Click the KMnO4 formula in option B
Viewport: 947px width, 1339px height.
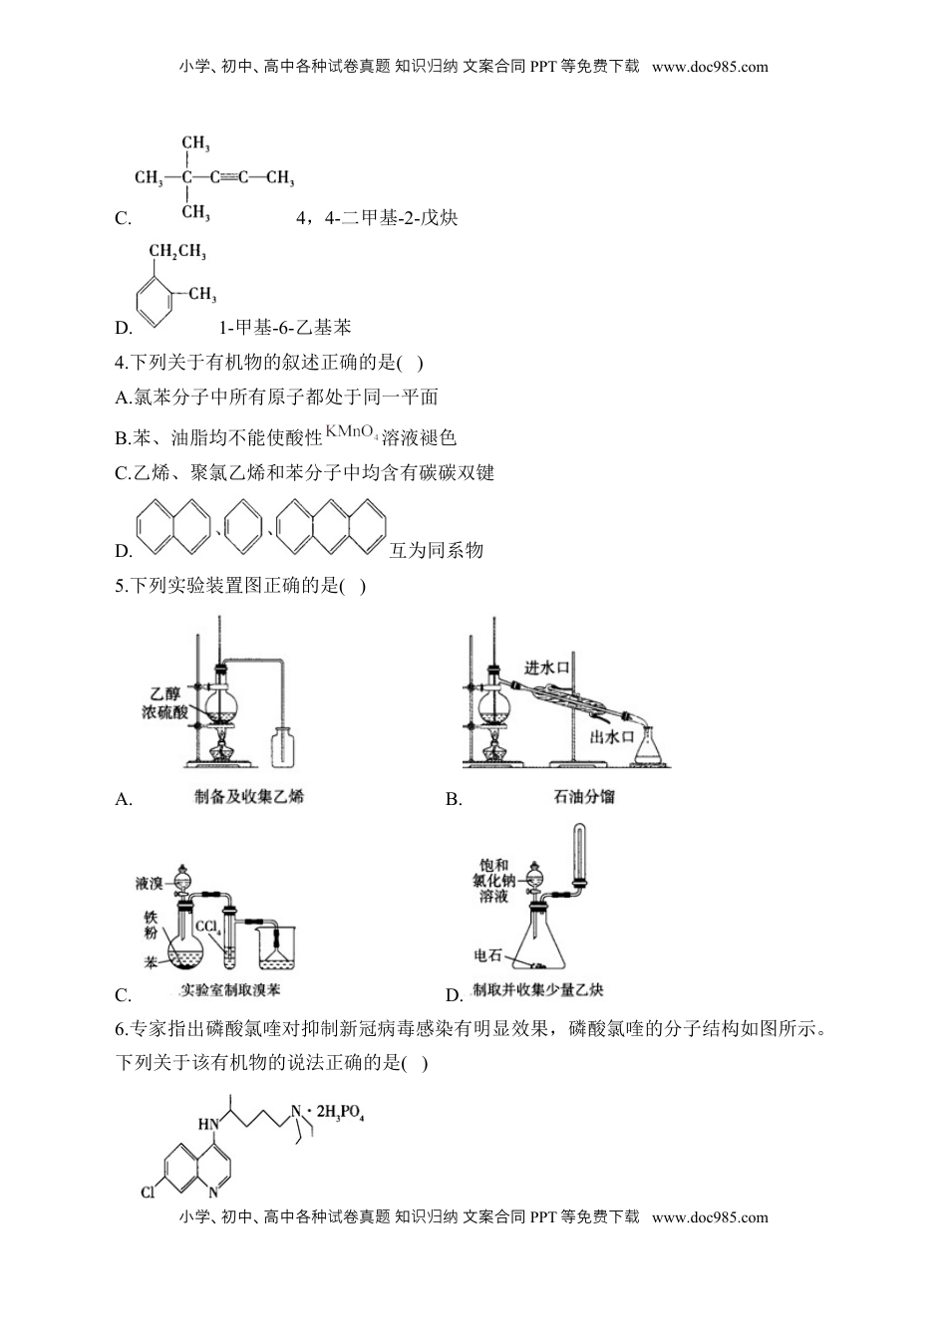(x=351, y=432)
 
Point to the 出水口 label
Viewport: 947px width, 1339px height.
(x=612, y=736)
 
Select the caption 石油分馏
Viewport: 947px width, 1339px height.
(x=583, y=797)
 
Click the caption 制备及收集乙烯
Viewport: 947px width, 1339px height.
(x=249, y=797)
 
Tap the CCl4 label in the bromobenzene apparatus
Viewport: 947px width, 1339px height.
(x=208, y=928)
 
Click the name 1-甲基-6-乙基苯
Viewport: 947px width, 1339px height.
(x=284, y=327)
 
